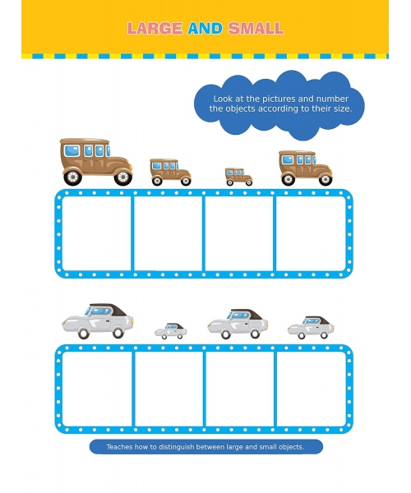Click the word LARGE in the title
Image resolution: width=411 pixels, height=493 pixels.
point(155,28)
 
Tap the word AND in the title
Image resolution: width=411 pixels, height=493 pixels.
point(205,28)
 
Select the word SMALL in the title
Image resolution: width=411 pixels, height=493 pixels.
point(256,28)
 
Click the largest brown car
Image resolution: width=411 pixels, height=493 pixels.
point(96,162)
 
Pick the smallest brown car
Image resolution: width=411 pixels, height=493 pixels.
point(238,177)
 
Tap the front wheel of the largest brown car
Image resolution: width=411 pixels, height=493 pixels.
point(123,177)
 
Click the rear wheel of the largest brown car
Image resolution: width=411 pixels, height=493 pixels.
point(72,177)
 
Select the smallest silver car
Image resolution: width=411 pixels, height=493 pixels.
point(170,331)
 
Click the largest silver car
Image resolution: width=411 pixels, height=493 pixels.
point(98,321)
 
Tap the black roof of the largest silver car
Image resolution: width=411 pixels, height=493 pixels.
point(109,309)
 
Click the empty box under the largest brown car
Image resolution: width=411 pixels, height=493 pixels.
point(96,233)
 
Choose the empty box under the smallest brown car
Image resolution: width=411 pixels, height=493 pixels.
point(239,233)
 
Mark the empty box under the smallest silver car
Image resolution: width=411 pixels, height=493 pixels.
point(169,389)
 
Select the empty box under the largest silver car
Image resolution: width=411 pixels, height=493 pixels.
point(97,389)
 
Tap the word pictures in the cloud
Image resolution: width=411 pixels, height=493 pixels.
point(279,99)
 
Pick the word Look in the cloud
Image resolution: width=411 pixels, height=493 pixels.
point(223,99)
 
